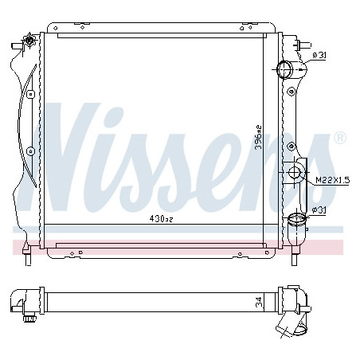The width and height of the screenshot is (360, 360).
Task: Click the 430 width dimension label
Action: (161, 219)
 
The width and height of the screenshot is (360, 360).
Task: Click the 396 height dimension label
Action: (258, 138)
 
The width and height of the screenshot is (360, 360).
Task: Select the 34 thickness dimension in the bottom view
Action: (259, 302)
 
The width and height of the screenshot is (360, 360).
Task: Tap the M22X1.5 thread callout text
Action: (333, 180)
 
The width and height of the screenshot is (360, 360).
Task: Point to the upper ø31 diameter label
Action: (319, 56)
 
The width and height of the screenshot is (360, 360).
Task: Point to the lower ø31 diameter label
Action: (319, 210)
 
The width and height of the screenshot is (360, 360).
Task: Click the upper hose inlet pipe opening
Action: (284, 69)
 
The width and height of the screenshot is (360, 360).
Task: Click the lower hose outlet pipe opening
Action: (297, 219)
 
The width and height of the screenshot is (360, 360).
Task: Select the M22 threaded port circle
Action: (294, 173)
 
